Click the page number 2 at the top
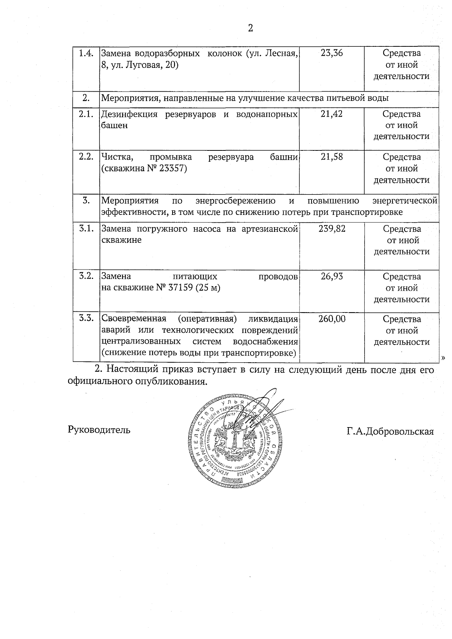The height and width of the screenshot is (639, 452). [x=250, y=28]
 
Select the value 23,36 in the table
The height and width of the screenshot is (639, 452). [x=332, y=53]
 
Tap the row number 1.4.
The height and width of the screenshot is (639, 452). [x=86, y=53]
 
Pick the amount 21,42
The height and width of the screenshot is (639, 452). [x=332, y=114]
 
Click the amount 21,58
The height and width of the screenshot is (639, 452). [x=332, y=157]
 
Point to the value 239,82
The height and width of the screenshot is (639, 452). [x=332, y=229]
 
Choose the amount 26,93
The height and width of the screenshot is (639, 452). [x=332, y=276]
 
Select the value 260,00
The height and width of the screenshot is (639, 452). [x=332, y=319]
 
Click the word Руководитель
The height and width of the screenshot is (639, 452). [x=99, y=429]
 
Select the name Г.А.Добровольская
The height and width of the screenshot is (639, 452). [x=390, y=431]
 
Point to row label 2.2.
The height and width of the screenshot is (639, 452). [x=86, y=157]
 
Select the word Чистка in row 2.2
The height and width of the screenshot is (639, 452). [x=115, y=157]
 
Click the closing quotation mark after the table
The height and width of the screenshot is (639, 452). [x=443, y=357]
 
